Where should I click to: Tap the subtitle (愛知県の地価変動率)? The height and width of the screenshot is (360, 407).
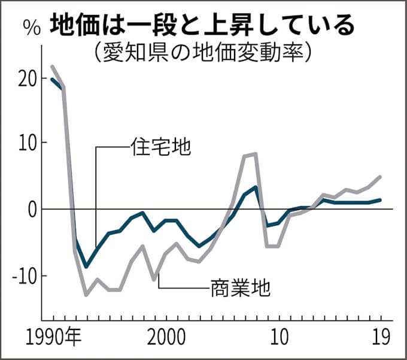[203, 52]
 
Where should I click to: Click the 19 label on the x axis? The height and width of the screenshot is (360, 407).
[379, 337]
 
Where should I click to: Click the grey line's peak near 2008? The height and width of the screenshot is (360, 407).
[256, 154]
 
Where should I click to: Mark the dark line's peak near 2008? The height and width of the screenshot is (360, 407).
[256, 187]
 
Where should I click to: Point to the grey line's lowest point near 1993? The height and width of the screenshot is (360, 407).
[86, 295]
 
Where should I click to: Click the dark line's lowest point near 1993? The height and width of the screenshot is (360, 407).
[86, 266]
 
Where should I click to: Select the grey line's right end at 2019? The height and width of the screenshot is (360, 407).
[380, 177]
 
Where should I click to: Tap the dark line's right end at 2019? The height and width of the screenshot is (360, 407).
[380, 200]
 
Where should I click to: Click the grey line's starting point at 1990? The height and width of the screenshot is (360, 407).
[52, 66]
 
